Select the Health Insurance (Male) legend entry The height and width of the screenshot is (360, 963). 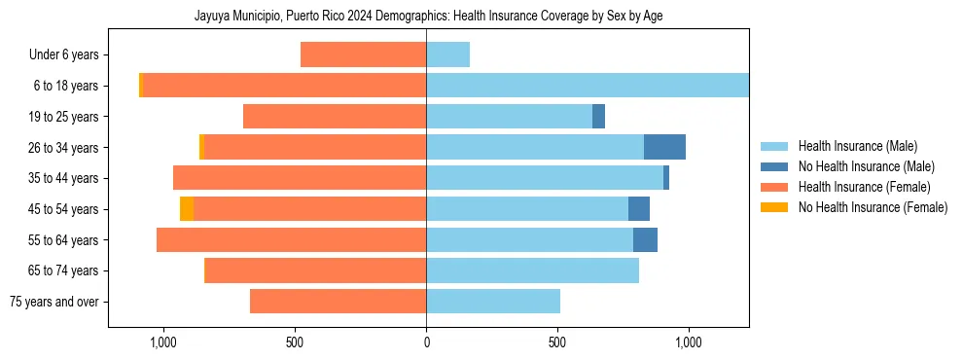(856, 146)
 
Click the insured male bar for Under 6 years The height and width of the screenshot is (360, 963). (447, 54)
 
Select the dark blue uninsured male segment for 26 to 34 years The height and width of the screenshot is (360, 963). (664, 147)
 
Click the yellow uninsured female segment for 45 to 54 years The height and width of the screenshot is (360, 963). (187, 209)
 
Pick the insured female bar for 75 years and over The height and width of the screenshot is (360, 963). (338, 302)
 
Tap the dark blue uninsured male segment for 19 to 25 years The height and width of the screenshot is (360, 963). (598, 117)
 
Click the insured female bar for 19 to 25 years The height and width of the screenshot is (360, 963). (335, 117)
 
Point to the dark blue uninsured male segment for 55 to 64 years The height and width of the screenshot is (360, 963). (645, 239)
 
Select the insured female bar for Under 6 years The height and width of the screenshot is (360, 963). (363, 54)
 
